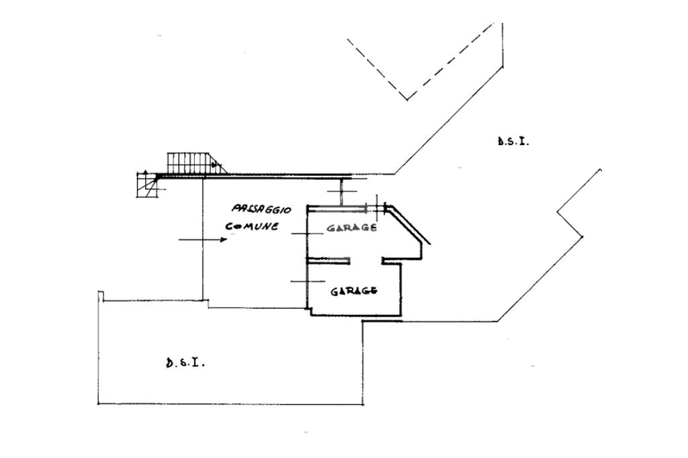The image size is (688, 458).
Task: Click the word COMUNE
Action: point(252,226)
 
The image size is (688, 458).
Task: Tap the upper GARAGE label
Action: point(351,228)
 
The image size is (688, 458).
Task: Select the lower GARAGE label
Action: point(353,291)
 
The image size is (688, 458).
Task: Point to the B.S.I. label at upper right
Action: point(513,141)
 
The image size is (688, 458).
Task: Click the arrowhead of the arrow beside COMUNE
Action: point(224,239)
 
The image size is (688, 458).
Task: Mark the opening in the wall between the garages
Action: point(365,260)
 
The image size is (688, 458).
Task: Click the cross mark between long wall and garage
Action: point(341,194)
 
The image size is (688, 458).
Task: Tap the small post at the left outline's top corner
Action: point(100,295)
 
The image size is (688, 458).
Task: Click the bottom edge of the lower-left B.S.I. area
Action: point(230,404)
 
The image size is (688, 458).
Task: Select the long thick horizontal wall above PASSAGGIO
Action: point(269,176)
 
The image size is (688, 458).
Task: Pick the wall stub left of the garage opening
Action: point(328,260)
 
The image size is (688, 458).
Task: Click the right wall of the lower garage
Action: point(401,289)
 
